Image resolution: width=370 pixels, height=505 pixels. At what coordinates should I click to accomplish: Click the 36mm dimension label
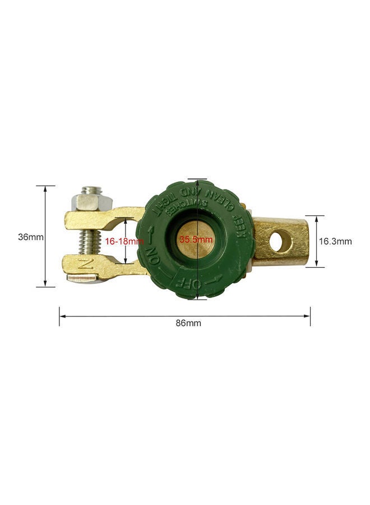[x=30, y=237]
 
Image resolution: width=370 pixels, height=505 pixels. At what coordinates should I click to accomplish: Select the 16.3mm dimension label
[x=335, y=241]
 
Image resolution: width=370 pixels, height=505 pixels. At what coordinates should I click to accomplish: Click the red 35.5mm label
[x=196, y=239]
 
